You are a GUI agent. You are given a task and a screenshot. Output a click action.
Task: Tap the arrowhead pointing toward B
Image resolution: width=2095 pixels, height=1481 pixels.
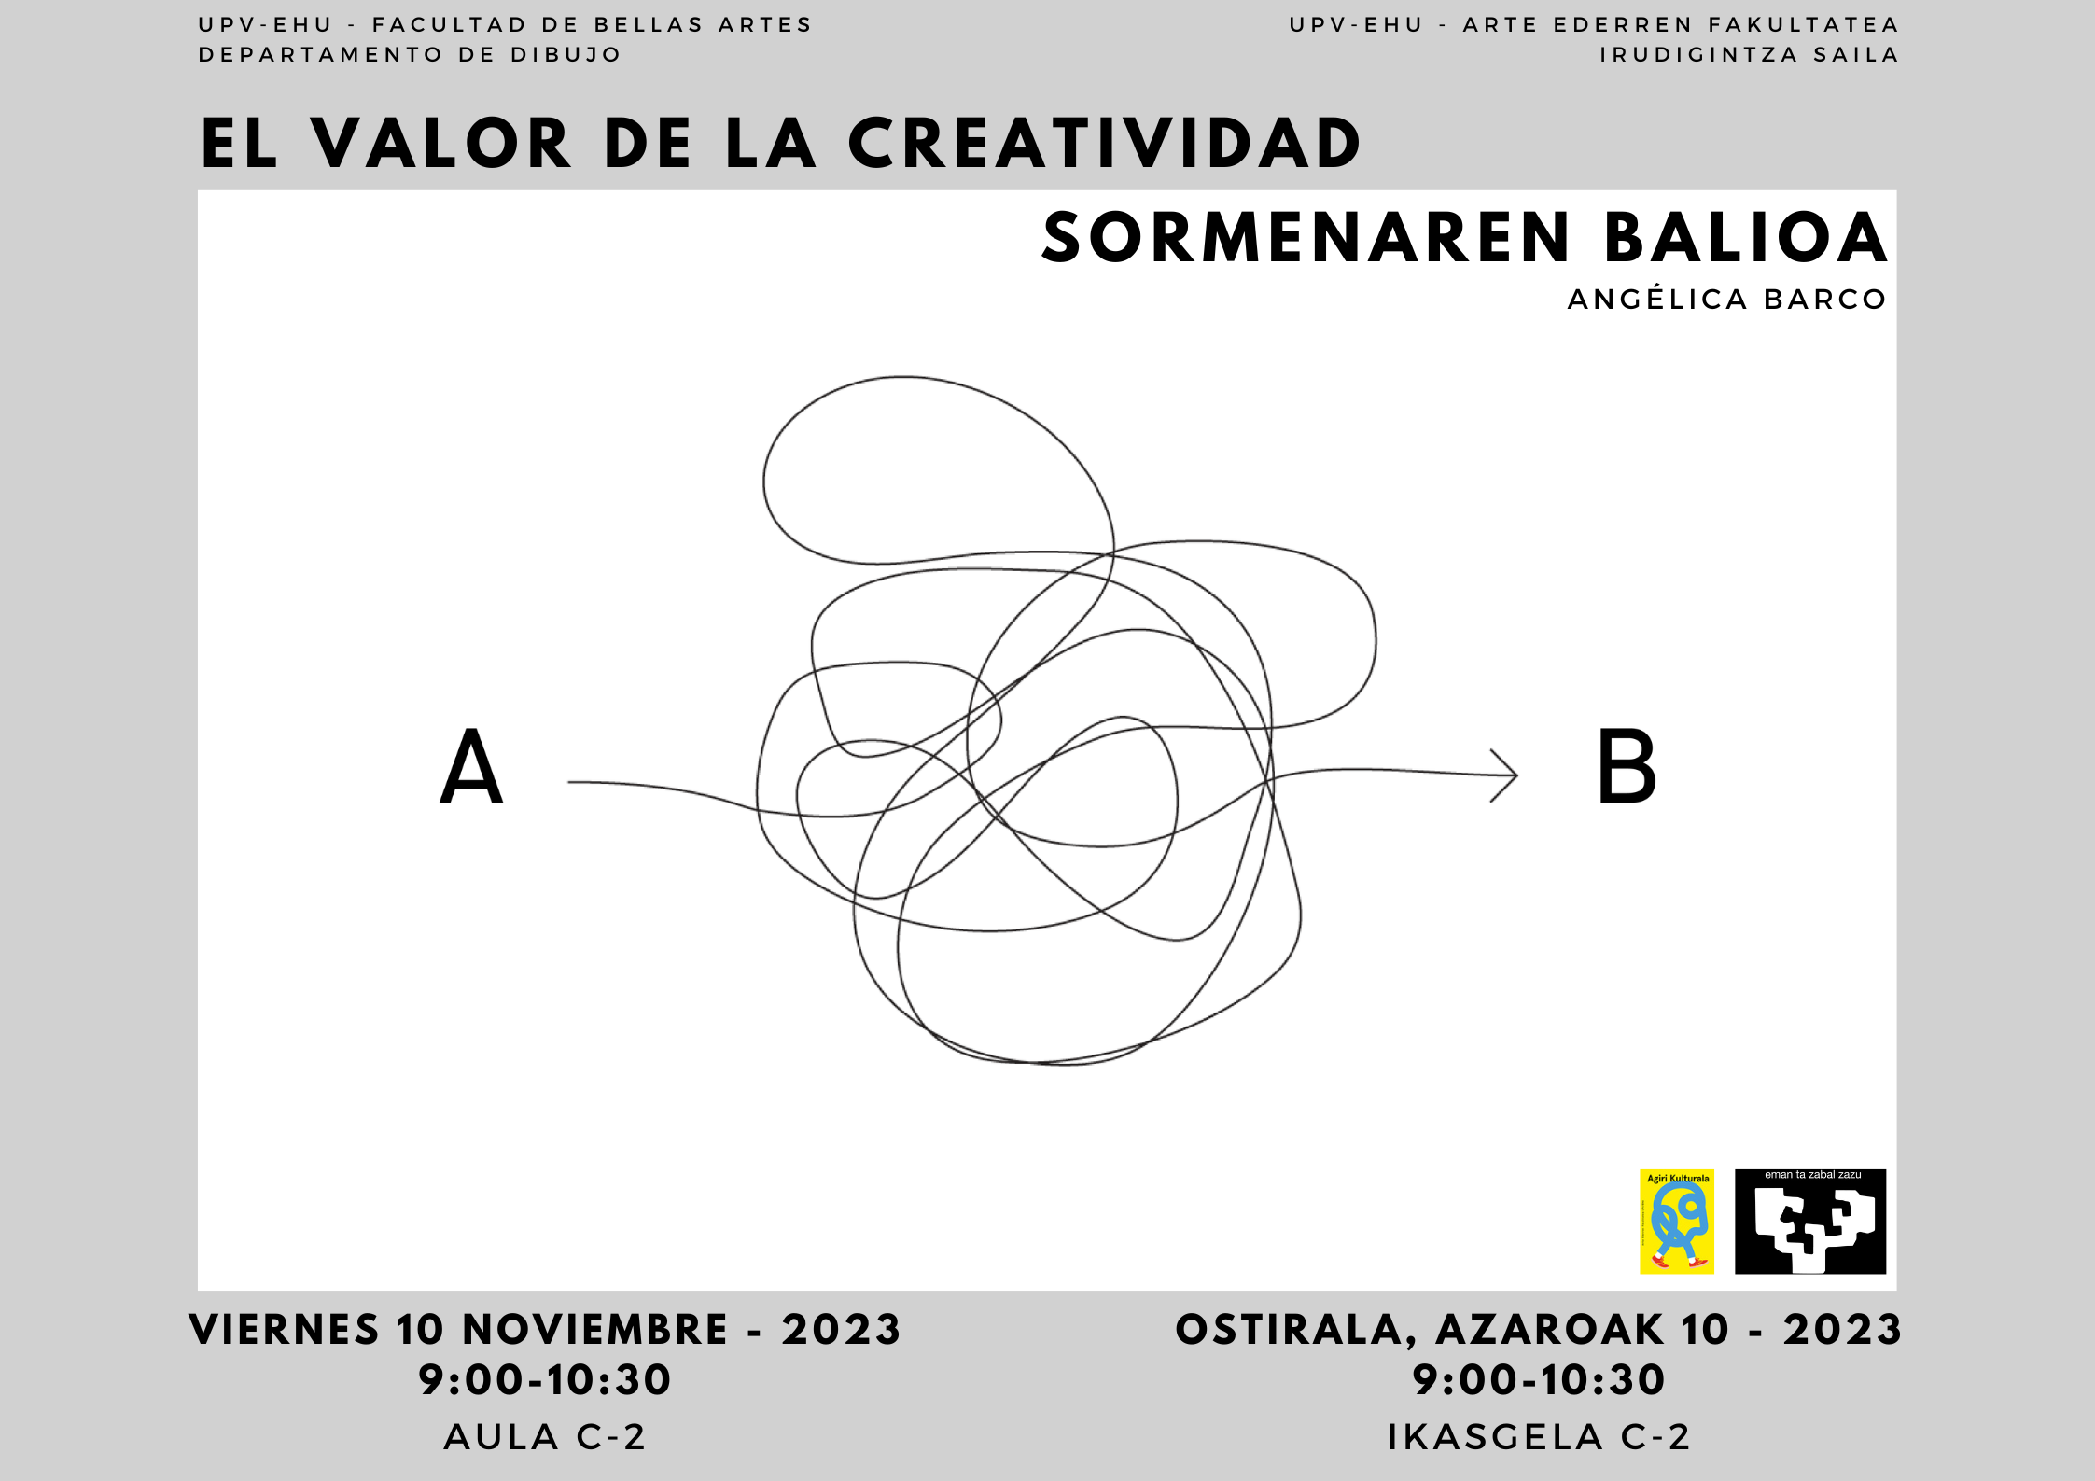[x=1504, y=775]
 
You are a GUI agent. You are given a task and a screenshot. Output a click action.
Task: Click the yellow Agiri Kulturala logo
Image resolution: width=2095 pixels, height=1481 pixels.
[x=1677, y=1222]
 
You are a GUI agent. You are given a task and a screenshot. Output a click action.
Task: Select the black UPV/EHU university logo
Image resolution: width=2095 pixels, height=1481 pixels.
[x=1810, y=1222]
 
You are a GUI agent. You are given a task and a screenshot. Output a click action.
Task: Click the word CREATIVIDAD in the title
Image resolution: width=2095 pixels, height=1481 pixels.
[x=1105, y=144]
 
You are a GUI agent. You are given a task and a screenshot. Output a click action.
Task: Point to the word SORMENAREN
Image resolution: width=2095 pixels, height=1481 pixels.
[x=1306, y=238]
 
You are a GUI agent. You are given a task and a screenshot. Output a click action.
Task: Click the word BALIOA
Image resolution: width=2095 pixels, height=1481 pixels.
[x=1746, y=238]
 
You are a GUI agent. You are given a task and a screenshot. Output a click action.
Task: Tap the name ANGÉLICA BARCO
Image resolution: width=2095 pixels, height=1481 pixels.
[x=1727, y=300]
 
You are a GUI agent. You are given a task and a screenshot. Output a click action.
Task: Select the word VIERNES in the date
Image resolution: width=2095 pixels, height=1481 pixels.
[x=284, y=1330]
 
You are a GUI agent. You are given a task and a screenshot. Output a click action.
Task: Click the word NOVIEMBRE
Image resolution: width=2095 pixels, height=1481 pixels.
[x=594, y=1330]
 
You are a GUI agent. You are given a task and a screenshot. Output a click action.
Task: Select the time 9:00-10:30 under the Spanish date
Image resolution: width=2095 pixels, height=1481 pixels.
[x=545, y=1380]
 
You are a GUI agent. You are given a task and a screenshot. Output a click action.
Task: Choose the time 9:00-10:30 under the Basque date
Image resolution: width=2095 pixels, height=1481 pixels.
[x=1539, y=1380]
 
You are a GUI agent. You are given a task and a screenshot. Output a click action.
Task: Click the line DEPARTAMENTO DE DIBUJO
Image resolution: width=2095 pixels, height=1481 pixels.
[x=410, y=55]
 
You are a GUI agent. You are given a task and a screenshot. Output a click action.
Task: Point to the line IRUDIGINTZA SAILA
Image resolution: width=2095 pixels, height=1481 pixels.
[x=1750, y=55]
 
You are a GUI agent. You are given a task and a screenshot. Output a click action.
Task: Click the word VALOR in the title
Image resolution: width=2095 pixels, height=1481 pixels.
[x=441, y=144]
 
